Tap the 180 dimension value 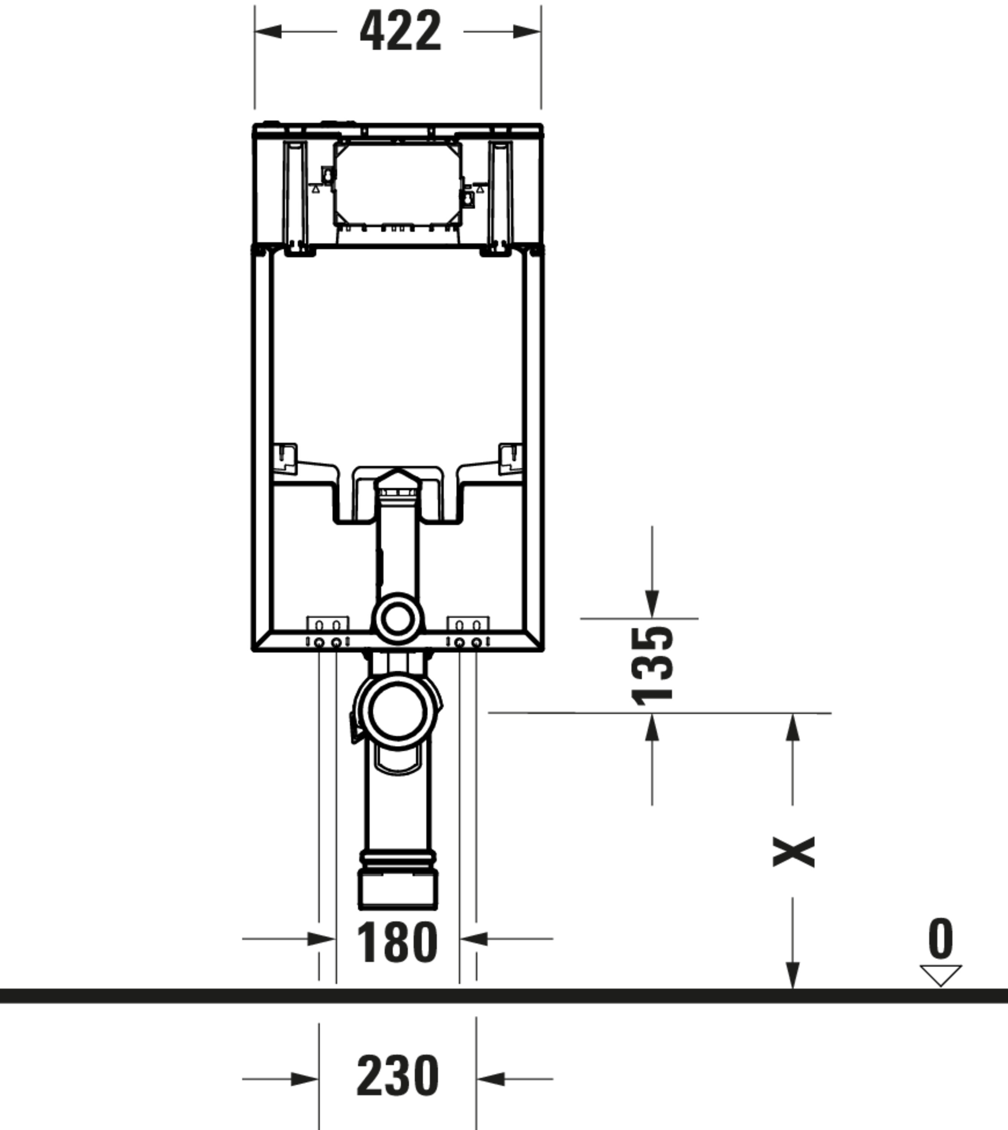click(x=397, y=942)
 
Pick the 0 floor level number click(x=941, y=938)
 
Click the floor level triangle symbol click(x=941, y=975)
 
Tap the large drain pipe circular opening click(x=398, y=712)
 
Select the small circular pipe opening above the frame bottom click(x=397, y=619)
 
